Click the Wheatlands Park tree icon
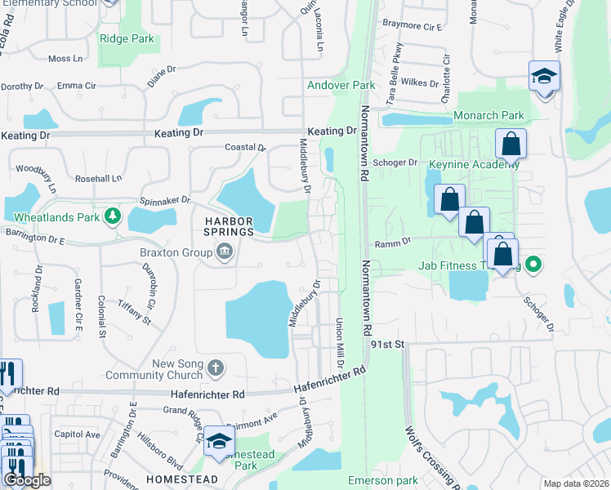click(113, 217)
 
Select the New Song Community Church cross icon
click(215, 367)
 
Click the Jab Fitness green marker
click(533, 264)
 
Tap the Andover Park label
click(341, 85)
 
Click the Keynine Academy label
click(474, 163)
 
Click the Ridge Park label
click(127, 38)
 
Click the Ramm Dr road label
click(390, 244)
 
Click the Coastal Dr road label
click(245, 148)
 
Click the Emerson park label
click(382, 480)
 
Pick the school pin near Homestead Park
click(219, 441)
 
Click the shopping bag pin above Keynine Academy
click(511, 145)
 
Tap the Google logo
click(26, 480)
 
